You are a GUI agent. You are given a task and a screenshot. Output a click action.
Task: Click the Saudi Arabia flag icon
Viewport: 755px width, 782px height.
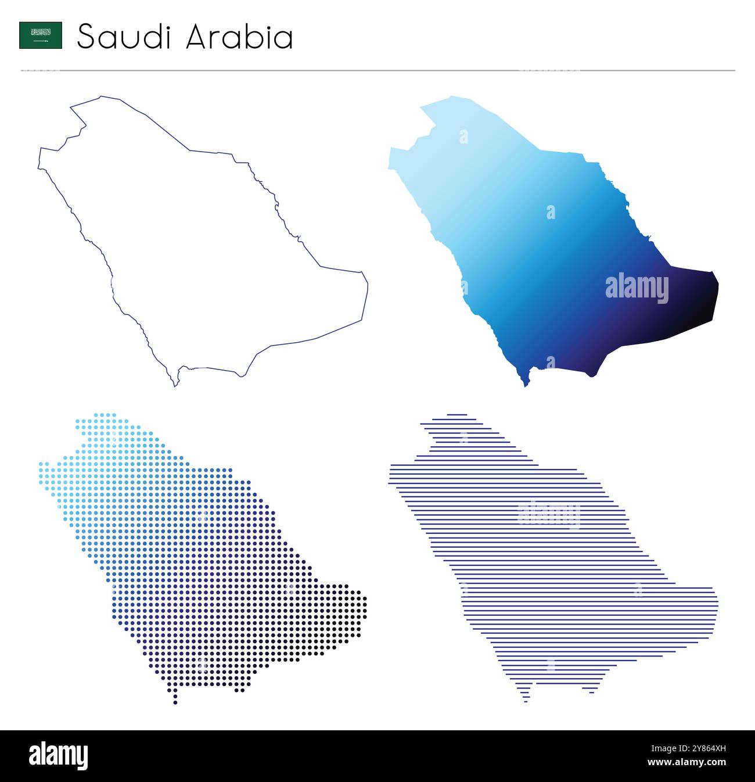click(41, 35)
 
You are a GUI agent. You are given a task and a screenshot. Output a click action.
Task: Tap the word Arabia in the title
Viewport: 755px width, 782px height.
click(239, 37)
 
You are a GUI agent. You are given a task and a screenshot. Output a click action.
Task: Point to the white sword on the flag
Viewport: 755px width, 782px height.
click(41, 41)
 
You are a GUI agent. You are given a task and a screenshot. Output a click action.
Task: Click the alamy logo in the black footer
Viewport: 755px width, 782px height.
click(58, 756)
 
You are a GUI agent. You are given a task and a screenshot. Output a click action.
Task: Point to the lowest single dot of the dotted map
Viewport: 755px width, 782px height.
click(175, 703)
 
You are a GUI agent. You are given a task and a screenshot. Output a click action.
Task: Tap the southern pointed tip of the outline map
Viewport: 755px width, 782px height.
click(175, 385)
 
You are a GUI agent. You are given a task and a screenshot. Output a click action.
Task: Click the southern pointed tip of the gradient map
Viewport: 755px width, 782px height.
click(526, 384)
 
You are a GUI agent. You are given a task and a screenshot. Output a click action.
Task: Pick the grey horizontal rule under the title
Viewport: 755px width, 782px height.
click(378, 71)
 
